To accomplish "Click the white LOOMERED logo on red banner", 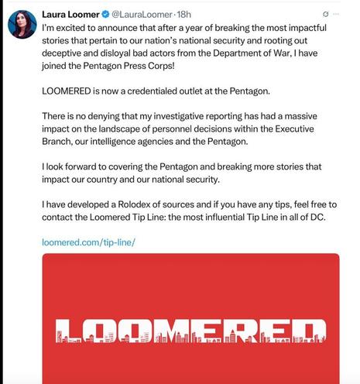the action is coord(190,328).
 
